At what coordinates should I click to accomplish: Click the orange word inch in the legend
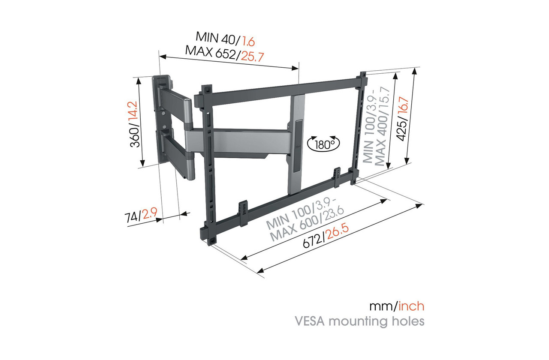click(x=412, y=306)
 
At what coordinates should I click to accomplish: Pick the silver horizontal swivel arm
click(x=240, y=141)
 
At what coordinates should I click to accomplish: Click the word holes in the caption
click(x=407, y=321)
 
